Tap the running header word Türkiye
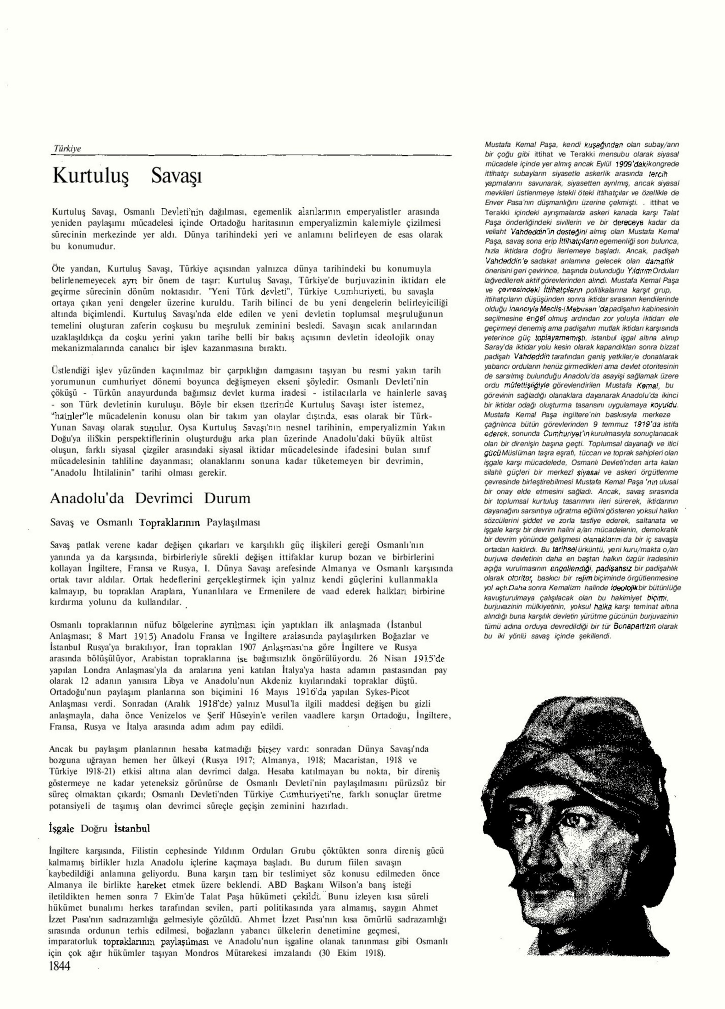(67, 149)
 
